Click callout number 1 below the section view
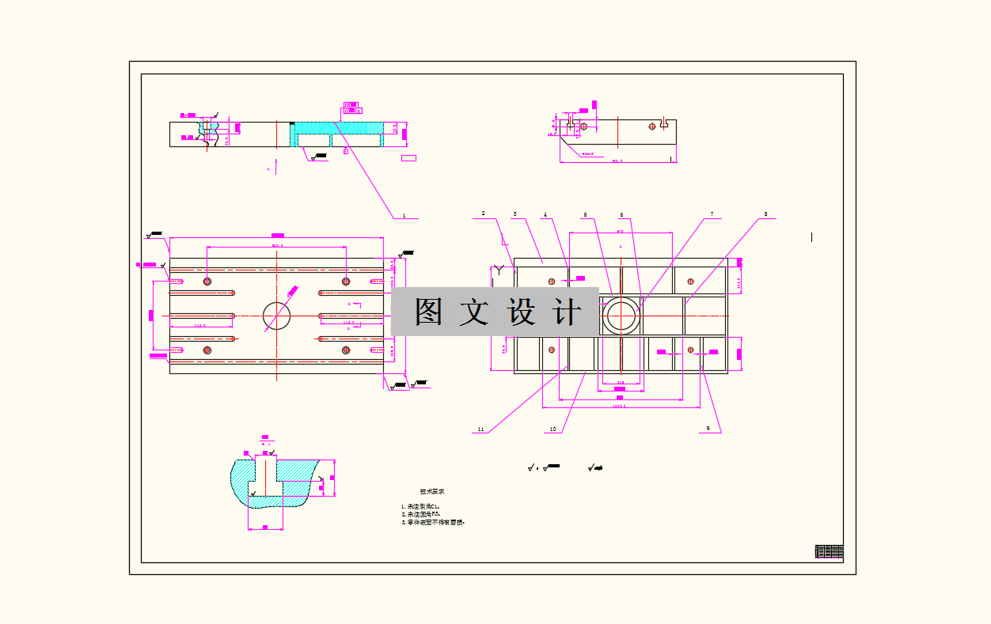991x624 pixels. click(404, 215)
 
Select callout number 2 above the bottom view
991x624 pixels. click(483, 213)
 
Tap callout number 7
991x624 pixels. click(712, 214)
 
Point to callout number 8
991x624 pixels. click(765, 214)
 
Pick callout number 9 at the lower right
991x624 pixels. click(708, 429)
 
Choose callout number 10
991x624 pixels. click(552, 429)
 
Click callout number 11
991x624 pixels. click(480, 429)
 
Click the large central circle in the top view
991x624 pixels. click(277, 316)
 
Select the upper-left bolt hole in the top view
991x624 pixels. click(207, 281)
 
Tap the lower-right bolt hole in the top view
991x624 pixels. click(345, 350)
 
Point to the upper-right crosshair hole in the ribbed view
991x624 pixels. click(690, 281)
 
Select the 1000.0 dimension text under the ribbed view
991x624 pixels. click(619, 406)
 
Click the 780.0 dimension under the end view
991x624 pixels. click(617, 161)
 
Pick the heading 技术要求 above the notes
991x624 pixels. click(432, 492)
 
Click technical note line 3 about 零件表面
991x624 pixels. click(432, 522)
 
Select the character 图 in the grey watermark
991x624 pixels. click(429, 312)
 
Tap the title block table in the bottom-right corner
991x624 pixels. click(829, 552)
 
